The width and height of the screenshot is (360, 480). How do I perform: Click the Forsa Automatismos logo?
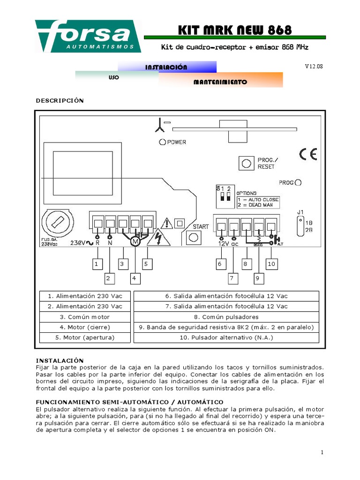click(x=88, y=36)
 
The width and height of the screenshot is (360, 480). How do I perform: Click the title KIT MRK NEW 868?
click(x=235, y=30)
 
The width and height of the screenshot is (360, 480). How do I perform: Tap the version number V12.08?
click(x=314, y=67)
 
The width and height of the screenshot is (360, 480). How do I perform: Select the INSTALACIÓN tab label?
click(x=166, y=67)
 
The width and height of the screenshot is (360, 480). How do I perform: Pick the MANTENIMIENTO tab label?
click(x=220, y=82)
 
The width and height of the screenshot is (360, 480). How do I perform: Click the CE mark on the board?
click(x=308, y=154)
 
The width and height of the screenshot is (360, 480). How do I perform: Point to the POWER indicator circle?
click(x=162, y=142)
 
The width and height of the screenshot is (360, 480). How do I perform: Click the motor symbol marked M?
click(x=135, y=241)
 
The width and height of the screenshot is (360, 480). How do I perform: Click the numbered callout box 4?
click(x=134, y=278)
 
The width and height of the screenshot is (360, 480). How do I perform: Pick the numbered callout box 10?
click(x=272, y=264)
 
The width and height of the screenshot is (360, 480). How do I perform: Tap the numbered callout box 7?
click(x=231, y=278)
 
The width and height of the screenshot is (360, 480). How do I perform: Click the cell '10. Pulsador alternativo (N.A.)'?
click(x=226, y=337)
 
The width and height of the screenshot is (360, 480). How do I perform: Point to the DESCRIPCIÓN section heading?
click(x=60, y=100)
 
